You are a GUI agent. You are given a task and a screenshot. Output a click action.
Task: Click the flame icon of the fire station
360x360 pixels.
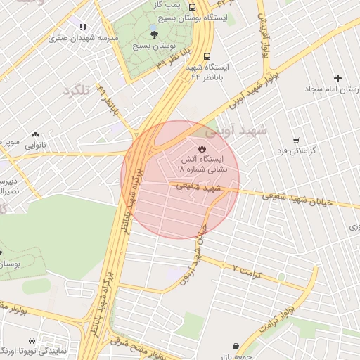(x=202, y=148)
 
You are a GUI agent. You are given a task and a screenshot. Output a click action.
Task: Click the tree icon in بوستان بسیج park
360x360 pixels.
(x=153, y=31)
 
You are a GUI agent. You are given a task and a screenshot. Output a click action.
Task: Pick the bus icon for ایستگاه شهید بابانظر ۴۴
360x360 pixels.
(x=207, y=56)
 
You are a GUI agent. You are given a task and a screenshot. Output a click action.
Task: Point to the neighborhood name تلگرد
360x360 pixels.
(x=78, y=91)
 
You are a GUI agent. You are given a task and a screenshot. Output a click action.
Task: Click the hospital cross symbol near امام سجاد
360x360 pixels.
(x=338, y=78)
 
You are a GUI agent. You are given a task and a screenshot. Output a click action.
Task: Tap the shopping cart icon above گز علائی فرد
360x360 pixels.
(x=295, y=140)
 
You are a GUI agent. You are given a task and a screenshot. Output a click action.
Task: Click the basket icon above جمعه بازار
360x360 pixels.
(x=236, y=347)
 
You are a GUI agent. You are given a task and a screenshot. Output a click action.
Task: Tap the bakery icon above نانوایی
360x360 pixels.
(x=35, y=134)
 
